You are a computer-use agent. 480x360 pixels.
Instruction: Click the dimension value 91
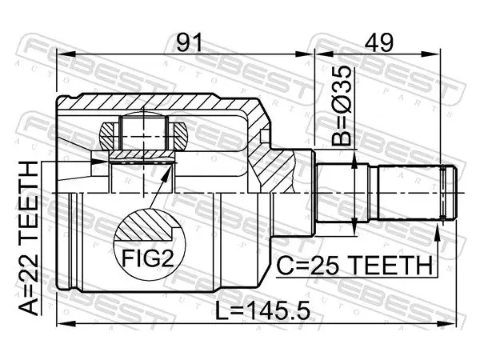tap(190, 42)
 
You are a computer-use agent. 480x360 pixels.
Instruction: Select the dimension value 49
tap(378, 42)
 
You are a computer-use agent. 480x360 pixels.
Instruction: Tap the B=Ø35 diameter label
tap(342, 106)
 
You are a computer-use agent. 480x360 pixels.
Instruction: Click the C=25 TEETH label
tap(354, 266)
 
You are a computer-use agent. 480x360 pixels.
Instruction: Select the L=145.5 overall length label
tap(263, 310)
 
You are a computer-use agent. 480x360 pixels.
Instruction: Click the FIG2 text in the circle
tap(148, 258)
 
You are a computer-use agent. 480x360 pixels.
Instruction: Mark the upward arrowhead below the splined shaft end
tap(438, 232)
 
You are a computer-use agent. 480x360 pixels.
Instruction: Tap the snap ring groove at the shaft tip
tap(442, 193)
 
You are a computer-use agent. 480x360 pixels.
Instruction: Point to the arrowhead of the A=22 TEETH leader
tap(100, 162)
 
